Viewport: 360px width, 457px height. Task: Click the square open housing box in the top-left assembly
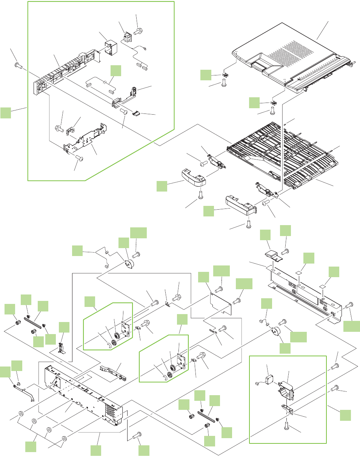110,48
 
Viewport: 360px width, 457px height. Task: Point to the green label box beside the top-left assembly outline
6,112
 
